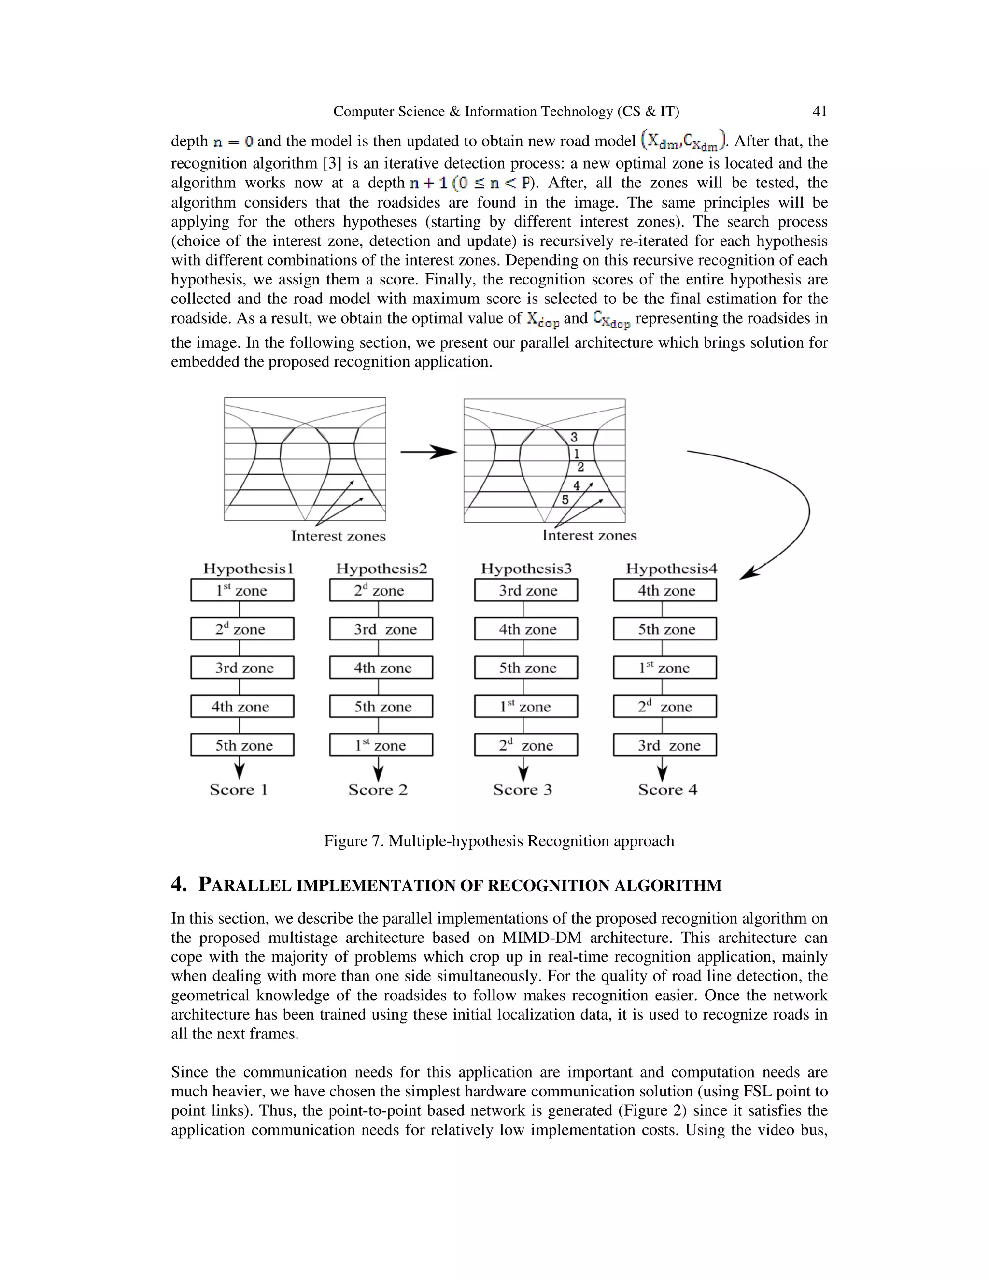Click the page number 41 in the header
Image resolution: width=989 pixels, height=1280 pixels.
tap(819, 112)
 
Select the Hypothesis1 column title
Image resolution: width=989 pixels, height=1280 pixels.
tap(248, 569)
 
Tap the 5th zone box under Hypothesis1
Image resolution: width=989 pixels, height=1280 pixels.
tap(242, 745)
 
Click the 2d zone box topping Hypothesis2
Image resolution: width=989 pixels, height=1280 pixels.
tap(381, 590)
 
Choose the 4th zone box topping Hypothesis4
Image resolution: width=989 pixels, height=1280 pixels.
tap(664, 590)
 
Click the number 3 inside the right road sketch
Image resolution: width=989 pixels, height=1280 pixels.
tap(574, 437)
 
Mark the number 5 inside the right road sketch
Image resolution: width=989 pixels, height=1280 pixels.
tap(565, 500)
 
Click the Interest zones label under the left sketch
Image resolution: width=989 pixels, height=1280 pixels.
tap(338, 536)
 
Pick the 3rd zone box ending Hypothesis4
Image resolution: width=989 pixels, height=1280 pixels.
tap(664, 745)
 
